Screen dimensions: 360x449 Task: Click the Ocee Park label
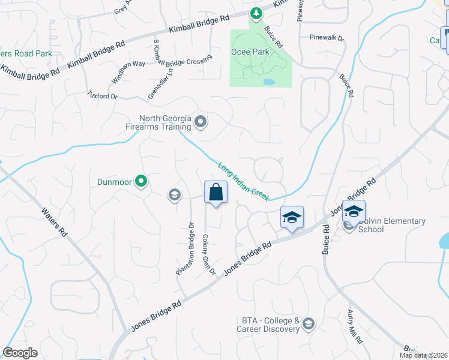pyautogui.click(x=250, y=52)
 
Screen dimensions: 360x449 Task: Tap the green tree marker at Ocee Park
pyautogui.click(x=256, y=13)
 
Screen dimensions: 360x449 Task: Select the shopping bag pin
pyautogui.click(x=215, y=193)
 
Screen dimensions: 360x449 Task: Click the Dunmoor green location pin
pyautogui.click(x=141, y=180)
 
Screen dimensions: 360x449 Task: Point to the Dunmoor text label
pyautogui.click(x=114, y=181)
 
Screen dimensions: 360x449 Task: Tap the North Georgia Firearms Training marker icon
pyautogui.click(x=200, y=123)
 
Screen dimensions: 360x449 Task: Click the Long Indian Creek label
pyautogui.click(x=243, y=182)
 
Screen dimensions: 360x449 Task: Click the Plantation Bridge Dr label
pyautogui.click(x=184, y=249)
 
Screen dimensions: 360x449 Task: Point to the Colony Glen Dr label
pyautogui.click(x=208, y=254)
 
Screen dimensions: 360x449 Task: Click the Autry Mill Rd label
pyautogui.click(x=355, y=326)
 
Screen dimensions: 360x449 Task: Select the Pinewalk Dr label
pyautogui.click(x=327, y=38)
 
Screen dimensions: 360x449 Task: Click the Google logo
pyautogui.click(x=20, y=353)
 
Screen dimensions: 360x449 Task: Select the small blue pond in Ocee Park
pyautogui.click(x=269, y=81)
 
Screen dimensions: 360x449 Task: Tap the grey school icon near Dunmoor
pyautogui.click(x=175, y=194)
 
